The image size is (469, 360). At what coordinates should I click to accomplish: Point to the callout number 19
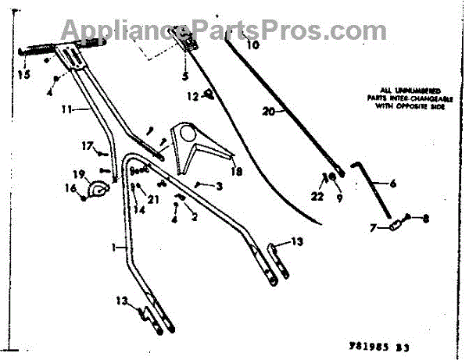point(79,173)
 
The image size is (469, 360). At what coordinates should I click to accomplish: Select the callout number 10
point(252,46)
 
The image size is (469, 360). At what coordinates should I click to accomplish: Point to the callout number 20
point(268,112)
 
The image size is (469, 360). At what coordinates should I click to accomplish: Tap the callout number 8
point(425,219)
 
